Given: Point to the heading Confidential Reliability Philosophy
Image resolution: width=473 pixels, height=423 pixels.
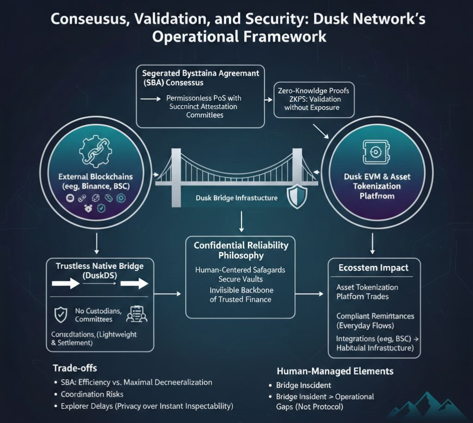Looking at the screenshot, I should [x=241, y=250].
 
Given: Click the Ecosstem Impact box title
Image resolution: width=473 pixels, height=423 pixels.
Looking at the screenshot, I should [x=373, y=268].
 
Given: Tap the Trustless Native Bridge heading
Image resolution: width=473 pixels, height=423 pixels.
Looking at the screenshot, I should [x=99, y=271].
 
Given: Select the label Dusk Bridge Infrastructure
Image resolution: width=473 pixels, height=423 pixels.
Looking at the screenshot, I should [x=236, y=198].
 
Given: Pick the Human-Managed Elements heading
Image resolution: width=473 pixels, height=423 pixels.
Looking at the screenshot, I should [x=335, y=371].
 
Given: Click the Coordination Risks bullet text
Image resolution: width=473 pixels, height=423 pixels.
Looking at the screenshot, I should [x=92, y=394].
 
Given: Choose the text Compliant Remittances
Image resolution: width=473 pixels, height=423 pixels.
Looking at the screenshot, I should [x=375, y=316].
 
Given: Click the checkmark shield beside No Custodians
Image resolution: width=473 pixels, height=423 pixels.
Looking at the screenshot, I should [x=61, y=314].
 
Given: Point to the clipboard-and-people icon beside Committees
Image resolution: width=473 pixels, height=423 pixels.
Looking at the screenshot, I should [x=136, y=314].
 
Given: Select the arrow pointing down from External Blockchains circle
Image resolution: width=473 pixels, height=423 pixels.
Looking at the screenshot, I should [x=96, y=243].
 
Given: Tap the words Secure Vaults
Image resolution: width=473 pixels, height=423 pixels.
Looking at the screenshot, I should [x=240, y=279].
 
